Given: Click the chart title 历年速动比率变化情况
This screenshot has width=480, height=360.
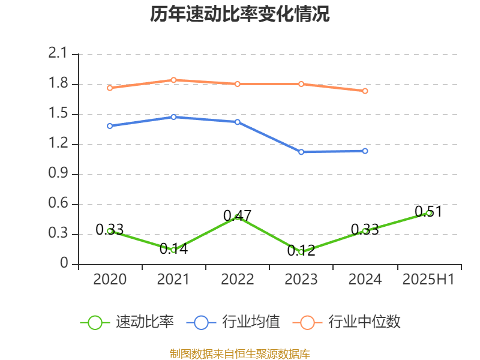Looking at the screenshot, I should pyautogui.click(x=240, y=14).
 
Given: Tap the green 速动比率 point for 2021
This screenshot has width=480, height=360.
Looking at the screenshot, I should pyautogui.click(x=174, y=250).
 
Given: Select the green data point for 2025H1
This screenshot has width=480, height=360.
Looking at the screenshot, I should pyautogui.click(x=429, y=213).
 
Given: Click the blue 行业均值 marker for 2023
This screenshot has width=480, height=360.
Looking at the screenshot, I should pyautogui.click(x=301, y=152).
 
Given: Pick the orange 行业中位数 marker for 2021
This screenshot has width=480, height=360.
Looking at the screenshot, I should pyautogui.click(x=174, y=80).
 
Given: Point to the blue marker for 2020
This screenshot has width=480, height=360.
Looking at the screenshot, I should pyautogui.click(x=110, y=126).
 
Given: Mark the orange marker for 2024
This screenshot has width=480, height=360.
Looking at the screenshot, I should pyautogui.click(x=365, y=91).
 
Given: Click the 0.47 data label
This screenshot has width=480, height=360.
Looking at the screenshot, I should pyautogui.click(x=237, y=215).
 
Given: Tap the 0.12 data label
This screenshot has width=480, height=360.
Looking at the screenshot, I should pyautogui.click(x=301, y=251).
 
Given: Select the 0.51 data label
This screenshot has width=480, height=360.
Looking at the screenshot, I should pyautogui.click(x=428, y=211).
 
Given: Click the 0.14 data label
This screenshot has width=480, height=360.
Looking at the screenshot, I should pyautogui.click(x=174, y=249).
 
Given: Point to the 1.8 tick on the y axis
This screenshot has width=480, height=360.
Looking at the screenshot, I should pyautogui.click(x=60, y=84).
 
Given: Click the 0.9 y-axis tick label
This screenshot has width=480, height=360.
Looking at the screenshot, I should pyautogui.click(x=60, y=174).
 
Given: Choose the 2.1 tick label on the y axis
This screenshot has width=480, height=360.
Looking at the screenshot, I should pyautogui.click(x=60, y=54).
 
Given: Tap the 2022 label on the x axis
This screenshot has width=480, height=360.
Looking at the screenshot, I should pyautogui.click(x=238, y=280).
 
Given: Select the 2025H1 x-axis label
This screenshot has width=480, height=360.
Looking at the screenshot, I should pyautogui.click(x=428, y=280).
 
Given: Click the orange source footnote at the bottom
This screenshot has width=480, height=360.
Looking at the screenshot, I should pyautogui.click(x=240, y=353).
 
